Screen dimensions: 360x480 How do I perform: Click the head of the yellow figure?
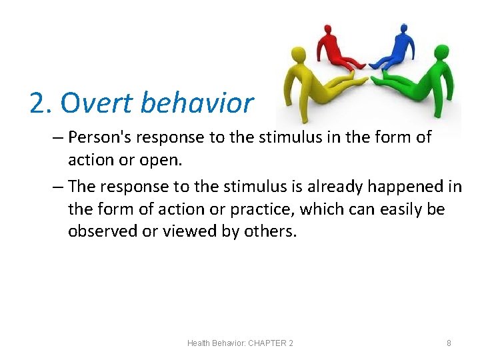pyautogui.click(x=299, y=56)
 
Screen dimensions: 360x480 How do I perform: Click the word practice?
pyautogui.click(x=261, y=209)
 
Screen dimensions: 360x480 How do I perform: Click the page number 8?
pyautogui.click(x=449, y=343)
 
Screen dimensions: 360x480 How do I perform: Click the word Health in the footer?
pyautogui.click(x=199, y=343)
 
